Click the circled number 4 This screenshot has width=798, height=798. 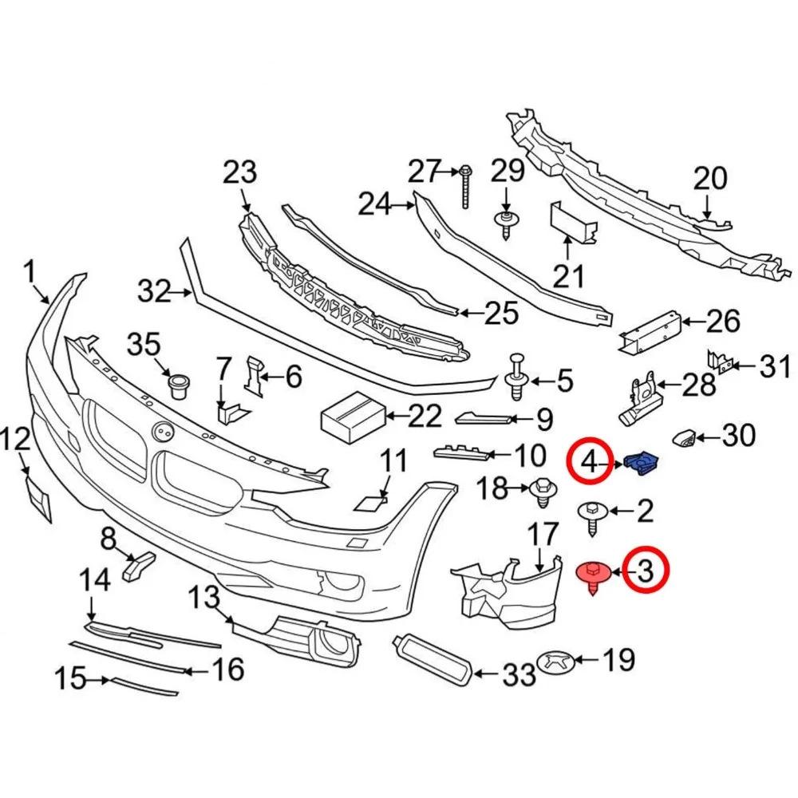click(x=591, y=463)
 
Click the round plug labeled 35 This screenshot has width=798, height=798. click(x=178, y=385)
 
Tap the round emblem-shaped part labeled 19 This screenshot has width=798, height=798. click(x=558, y=662)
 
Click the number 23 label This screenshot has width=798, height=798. click(x=239, y=172)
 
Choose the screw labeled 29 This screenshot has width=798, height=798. click(x=507, y=225)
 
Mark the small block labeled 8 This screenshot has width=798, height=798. click(x=138, y=566)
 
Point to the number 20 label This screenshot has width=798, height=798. click(x=710, y=178)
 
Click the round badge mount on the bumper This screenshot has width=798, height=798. click(x=164, y=431)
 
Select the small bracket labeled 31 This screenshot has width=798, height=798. click(x=721, y=361)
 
